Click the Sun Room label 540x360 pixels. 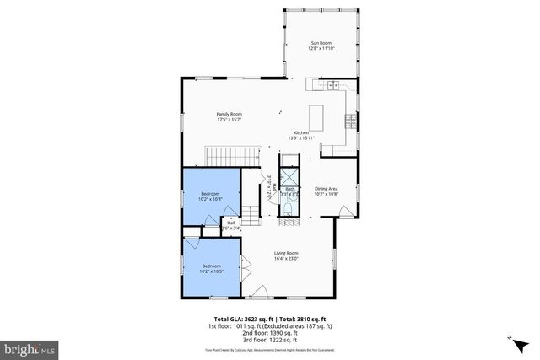321,41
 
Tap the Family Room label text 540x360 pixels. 229,114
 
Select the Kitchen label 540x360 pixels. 301,133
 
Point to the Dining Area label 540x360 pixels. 326,188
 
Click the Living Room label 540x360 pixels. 286,253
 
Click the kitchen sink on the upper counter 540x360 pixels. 332,84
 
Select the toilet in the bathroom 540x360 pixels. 289,207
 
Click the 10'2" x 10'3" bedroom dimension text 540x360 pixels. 210,199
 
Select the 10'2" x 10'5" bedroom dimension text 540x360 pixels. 210,271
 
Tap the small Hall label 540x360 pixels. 230,223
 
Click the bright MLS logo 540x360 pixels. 30,347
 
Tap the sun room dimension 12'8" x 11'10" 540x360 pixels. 321,48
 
